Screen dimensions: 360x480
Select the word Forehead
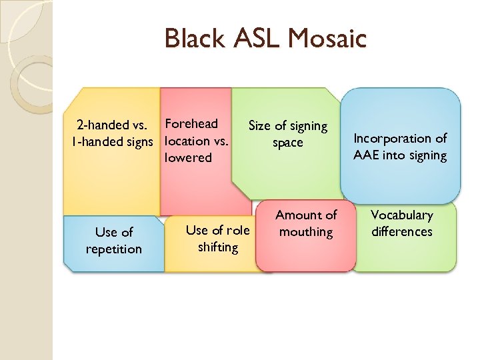(191, 123)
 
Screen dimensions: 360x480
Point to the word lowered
(188, 158)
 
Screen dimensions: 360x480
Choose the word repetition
(114, 249)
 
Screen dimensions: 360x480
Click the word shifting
(218, 247)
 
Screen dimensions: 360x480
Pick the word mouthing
(306, 232)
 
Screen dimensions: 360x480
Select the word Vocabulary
(402, 215)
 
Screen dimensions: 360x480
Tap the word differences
(402, 232)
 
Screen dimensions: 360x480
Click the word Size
(260, 125)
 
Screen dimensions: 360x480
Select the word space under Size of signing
(288, 143)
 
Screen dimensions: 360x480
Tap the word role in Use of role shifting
(237, 230)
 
